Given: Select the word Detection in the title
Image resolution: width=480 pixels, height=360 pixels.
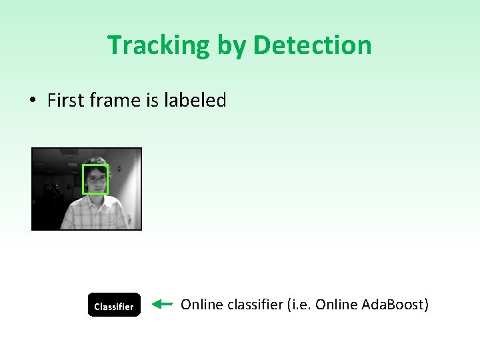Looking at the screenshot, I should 312,45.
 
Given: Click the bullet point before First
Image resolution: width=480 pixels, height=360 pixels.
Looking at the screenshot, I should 32,101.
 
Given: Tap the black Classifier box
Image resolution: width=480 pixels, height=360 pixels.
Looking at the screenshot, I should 114,305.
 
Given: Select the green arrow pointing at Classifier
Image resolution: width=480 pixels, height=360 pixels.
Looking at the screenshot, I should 162,305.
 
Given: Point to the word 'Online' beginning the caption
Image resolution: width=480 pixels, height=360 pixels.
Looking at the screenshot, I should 202,305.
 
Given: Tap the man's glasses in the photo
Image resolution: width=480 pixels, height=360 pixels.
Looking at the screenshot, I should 96,179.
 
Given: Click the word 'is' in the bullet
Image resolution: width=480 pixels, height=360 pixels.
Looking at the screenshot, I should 150,101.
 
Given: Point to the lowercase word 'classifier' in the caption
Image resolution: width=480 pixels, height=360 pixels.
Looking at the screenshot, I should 255,305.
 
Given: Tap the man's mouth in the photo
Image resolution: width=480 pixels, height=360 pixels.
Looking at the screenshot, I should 97,189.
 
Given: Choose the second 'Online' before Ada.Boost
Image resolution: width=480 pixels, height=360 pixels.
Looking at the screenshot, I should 337,305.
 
